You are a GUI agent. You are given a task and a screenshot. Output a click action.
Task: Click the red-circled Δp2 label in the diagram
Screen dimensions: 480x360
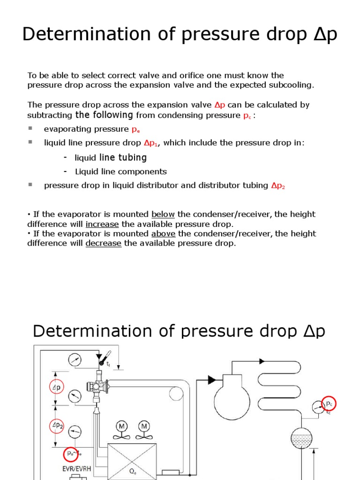[57, 426]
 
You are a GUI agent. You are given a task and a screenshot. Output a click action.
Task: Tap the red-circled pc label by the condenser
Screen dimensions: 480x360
[329, 404]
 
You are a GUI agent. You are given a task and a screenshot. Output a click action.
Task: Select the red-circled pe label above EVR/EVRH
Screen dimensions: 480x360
[70, 454]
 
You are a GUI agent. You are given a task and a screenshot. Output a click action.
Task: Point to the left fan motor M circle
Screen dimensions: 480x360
[122, 427]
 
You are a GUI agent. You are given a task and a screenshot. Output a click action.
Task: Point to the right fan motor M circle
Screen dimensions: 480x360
[144, 427]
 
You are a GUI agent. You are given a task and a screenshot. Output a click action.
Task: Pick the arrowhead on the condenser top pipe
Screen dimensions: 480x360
[262, 361]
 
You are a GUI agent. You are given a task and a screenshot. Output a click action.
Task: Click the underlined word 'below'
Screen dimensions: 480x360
[163, 214]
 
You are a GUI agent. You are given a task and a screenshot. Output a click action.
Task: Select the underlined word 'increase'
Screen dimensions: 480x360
[102, 224]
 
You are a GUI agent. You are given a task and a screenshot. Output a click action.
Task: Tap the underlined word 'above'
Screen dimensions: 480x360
[163, 233]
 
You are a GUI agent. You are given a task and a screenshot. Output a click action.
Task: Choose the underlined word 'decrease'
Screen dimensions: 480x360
[103, 243]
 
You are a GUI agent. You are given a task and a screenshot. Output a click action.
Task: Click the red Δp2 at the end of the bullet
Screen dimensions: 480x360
[278, 186]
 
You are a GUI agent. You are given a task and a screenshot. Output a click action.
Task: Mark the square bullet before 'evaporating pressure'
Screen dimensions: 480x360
[30, 128]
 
